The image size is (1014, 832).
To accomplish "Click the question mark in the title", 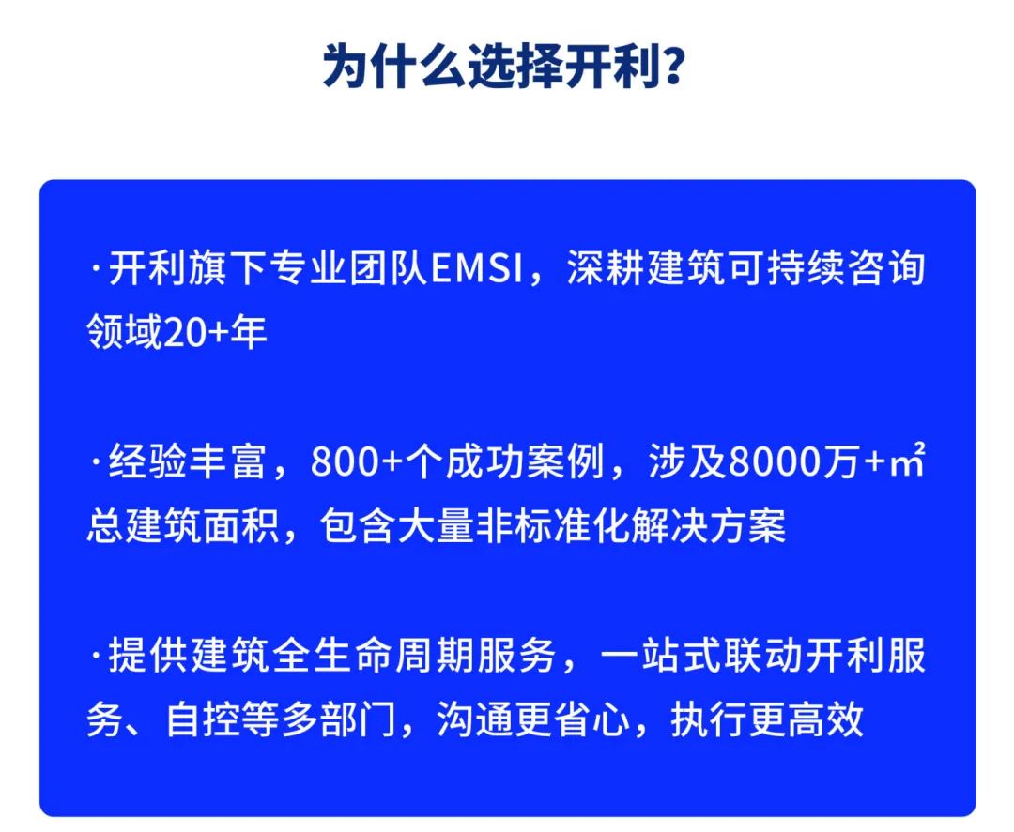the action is [x=673, y=66].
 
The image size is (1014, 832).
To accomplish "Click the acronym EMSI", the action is [x=477, y=268].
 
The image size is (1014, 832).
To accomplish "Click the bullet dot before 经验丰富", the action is [x=97, y=462].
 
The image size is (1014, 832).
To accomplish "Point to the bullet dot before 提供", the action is [x=97, y=657].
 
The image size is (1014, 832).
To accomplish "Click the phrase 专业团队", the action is [x=349, y=268].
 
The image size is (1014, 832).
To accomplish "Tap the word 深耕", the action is [x=607, y=268].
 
